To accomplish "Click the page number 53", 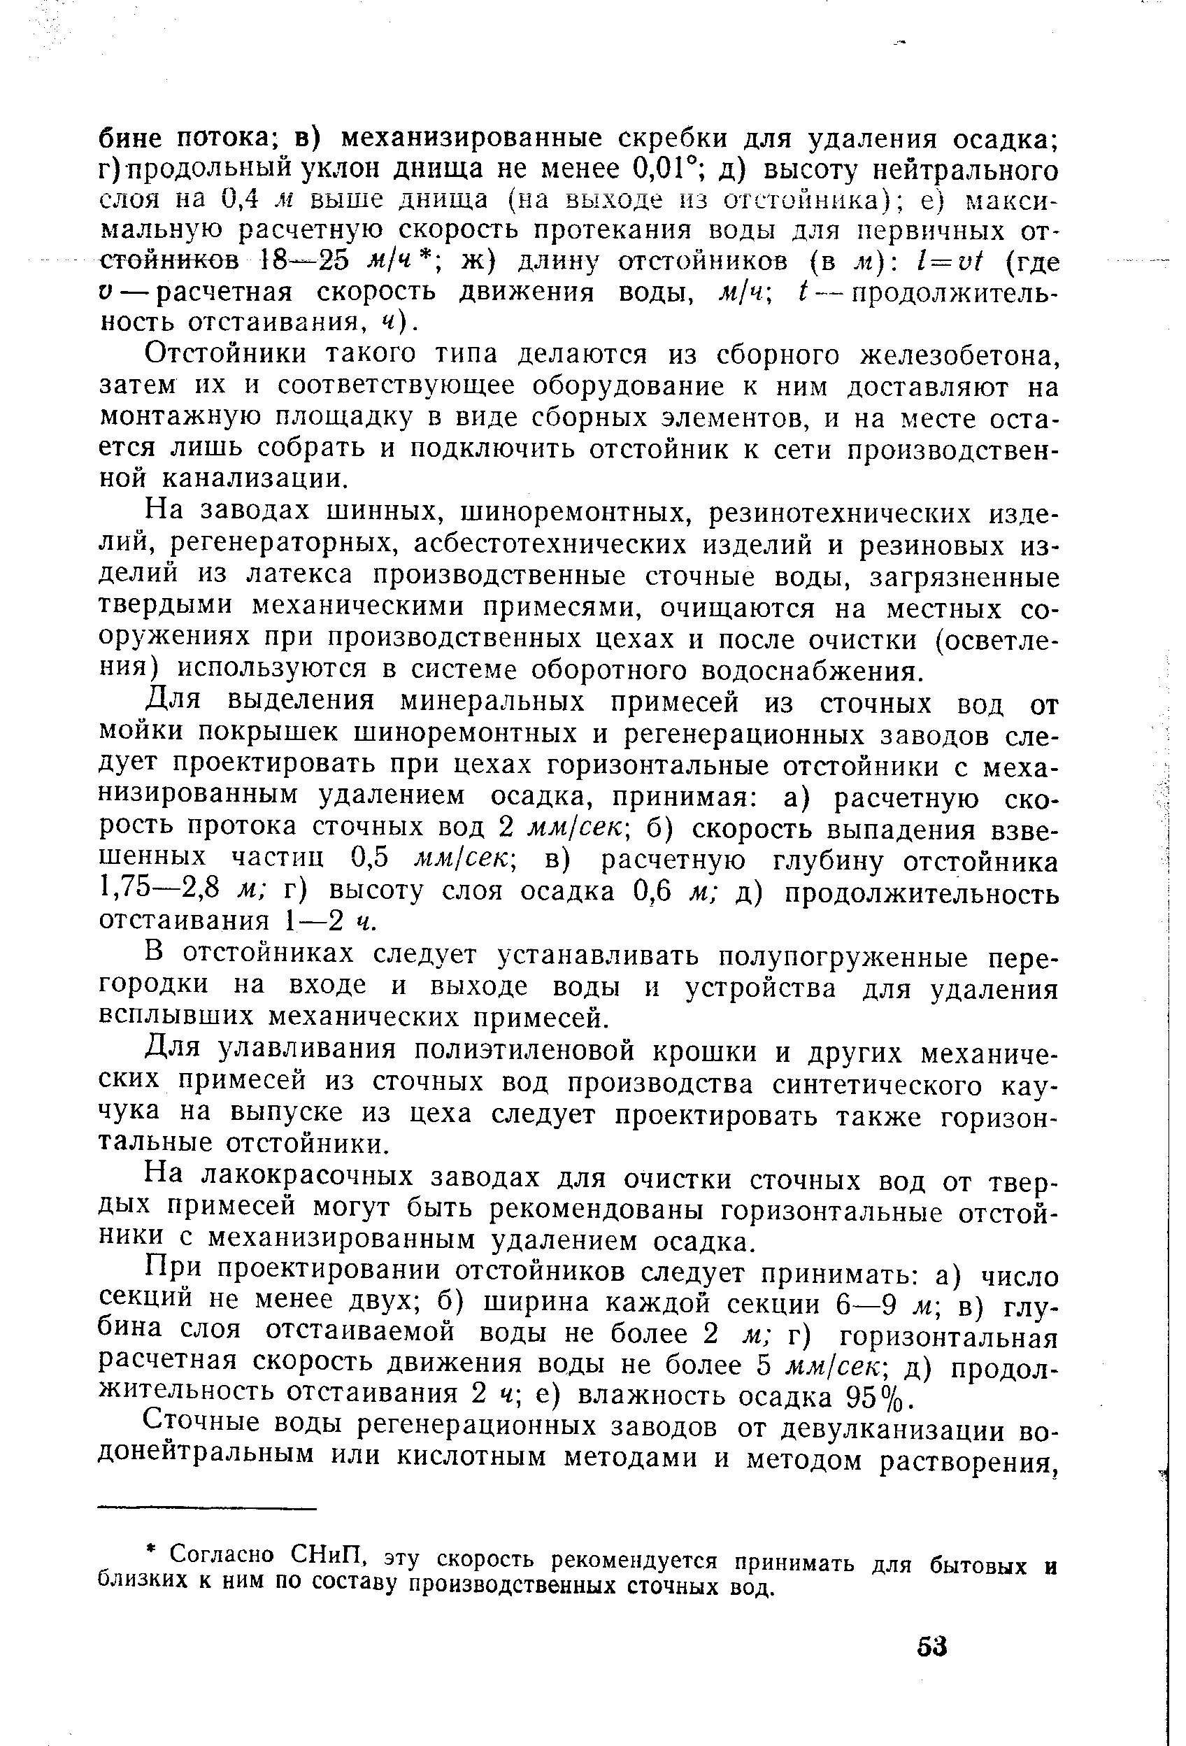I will (x=932, y=1646).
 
